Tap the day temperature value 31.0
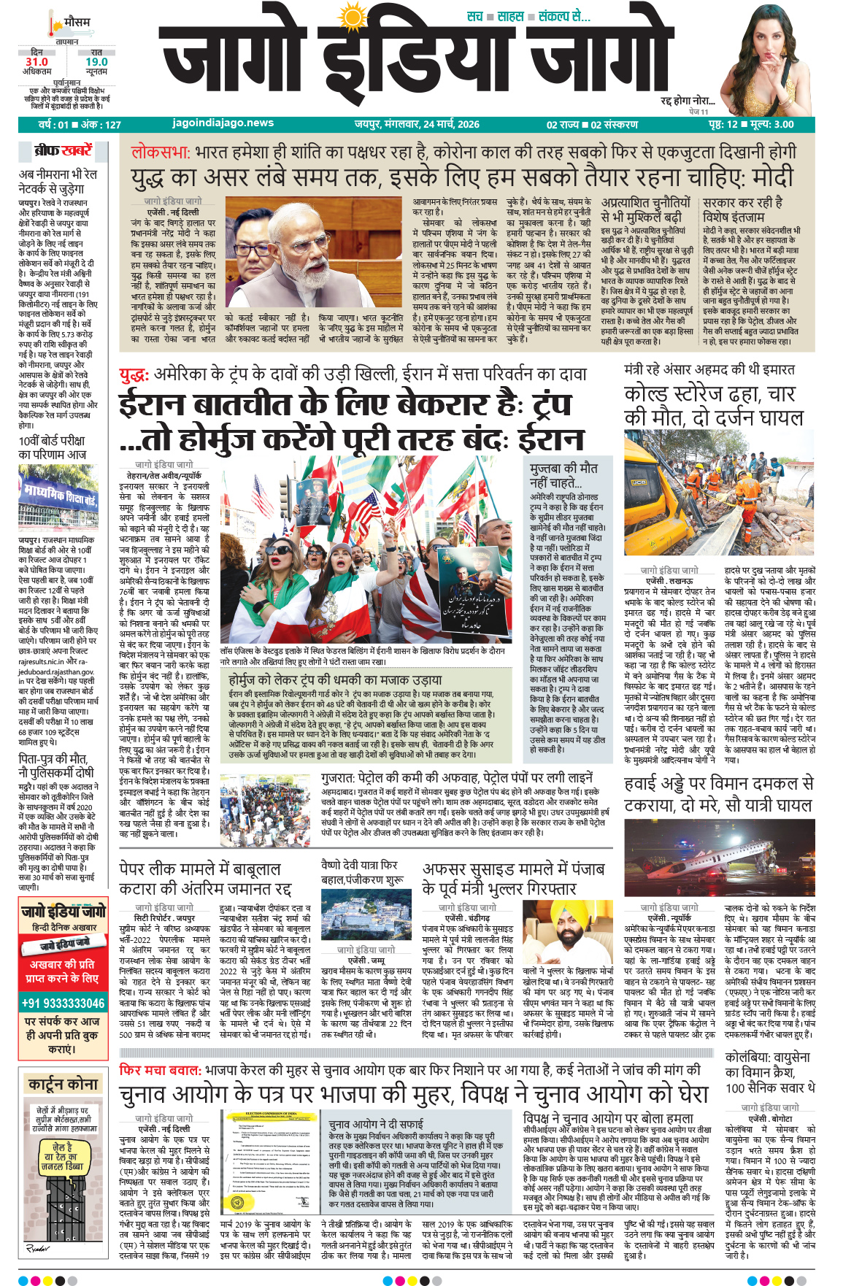[x=36, y=62]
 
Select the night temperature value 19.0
[x=96, y=62]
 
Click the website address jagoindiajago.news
[x=223, y=123]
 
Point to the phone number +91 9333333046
[x=63, y=1003]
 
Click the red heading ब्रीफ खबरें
[x=64, y=151]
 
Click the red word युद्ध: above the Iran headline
[x=134, y=375]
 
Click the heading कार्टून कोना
[x=63, y=1084]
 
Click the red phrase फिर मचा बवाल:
[x=161, y=1070]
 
